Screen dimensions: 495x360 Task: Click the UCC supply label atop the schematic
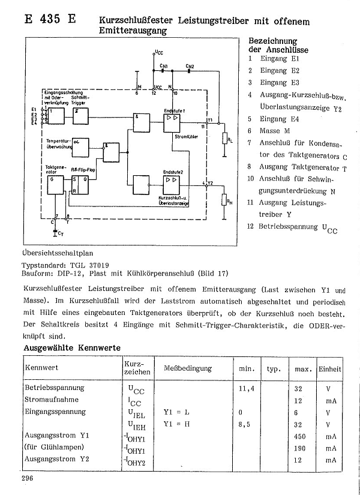(x=158, y=52)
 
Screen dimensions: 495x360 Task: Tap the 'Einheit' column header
(x=330, y=368)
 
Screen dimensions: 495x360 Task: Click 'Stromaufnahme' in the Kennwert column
(x=52, y=400)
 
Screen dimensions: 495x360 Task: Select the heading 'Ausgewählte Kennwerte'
(x=71, y=348)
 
